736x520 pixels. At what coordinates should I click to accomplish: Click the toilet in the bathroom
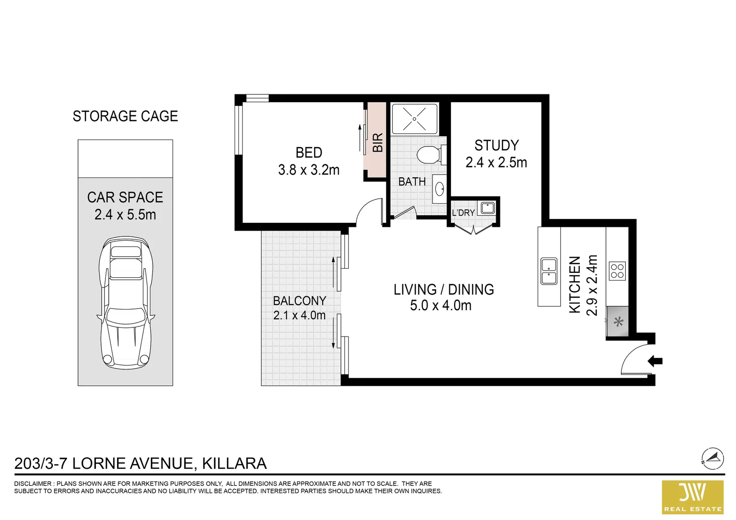(x=428, y=155)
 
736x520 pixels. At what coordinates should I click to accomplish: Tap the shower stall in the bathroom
(x=415, y=118)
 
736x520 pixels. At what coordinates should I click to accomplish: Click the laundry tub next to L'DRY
(x=488, y=208)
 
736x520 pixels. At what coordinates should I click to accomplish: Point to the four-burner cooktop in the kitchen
(x=617, y=271)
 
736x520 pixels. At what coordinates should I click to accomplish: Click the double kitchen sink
(x=549, y=271)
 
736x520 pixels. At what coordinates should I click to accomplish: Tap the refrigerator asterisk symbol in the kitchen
(x=618, y=322)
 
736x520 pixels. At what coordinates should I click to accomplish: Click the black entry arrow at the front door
(x=655, y=361)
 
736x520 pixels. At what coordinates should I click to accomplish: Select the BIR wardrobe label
(x=378, y=143)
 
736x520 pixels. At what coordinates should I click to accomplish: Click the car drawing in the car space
(x=126, y=302)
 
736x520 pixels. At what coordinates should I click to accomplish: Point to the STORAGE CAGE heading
(x=125, y=116)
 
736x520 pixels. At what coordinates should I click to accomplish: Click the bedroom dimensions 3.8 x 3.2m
(x=309, y=170)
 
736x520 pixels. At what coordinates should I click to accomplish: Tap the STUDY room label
(x=496, y=145)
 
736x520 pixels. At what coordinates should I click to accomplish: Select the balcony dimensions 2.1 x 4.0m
(x=299, y=315)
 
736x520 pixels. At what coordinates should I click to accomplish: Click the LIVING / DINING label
(x=443, y=289)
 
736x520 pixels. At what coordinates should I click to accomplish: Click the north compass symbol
(x=712, y=458)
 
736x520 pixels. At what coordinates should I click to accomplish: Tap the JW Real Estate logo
(x=693, y=497)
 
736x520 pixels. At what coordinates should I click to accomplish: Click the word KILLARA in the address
(x=234, y=463)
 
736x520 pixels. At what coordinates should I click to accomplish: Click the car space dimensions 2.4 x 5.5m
(x=125, y=215)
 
